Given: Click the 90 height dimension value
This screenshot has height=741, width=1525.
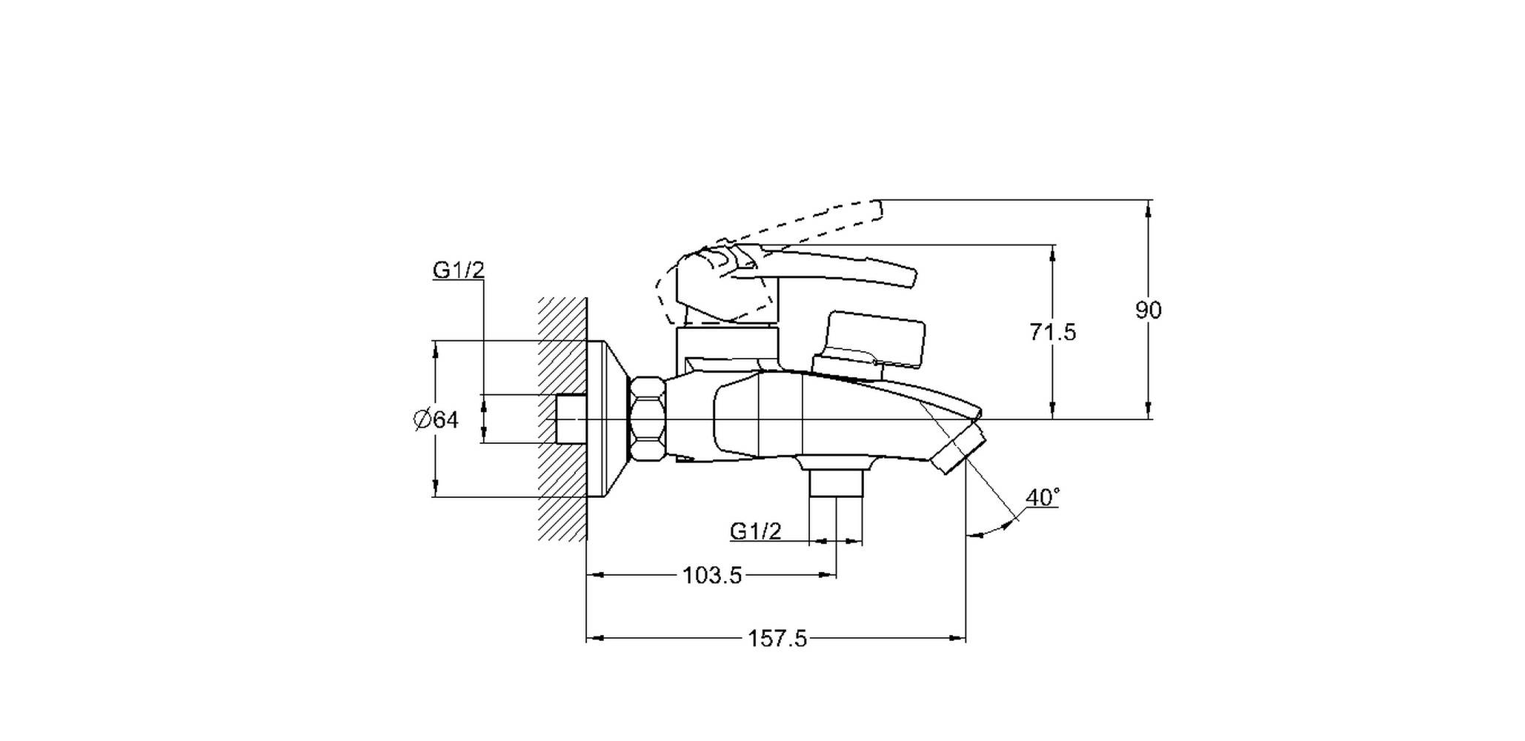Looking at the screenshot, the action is [1148, 310].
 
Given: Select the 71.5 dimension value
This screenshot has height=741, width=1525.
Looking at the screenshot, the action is [1052, 332].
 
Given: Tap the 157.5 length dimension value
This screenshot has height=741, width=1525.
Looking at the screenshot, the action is [777, 639].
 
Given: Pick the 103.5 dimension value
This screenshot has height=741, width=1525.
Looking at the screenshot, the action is [712, 576].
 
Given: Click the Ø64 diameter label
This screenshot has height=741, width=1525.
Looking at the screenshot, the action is [436, 420].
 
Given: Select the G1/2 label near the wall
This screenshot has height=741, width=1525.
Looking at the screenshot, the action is [459, 270].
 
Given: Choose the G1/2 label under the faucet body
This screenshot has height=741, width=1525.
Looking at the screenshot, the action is [756, 531].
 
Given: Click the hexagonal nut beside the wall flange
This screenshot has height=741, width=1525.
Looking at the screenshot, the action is [648, 420].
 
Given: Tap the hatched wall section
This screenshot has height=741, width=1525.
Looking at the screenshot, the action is [563, 419].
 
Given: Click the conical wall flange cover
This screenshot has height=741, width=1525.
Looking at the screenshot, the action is [608, 419].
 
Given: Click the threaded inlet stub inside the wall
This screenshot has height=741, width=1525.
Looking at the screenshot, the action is [571, 419].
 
